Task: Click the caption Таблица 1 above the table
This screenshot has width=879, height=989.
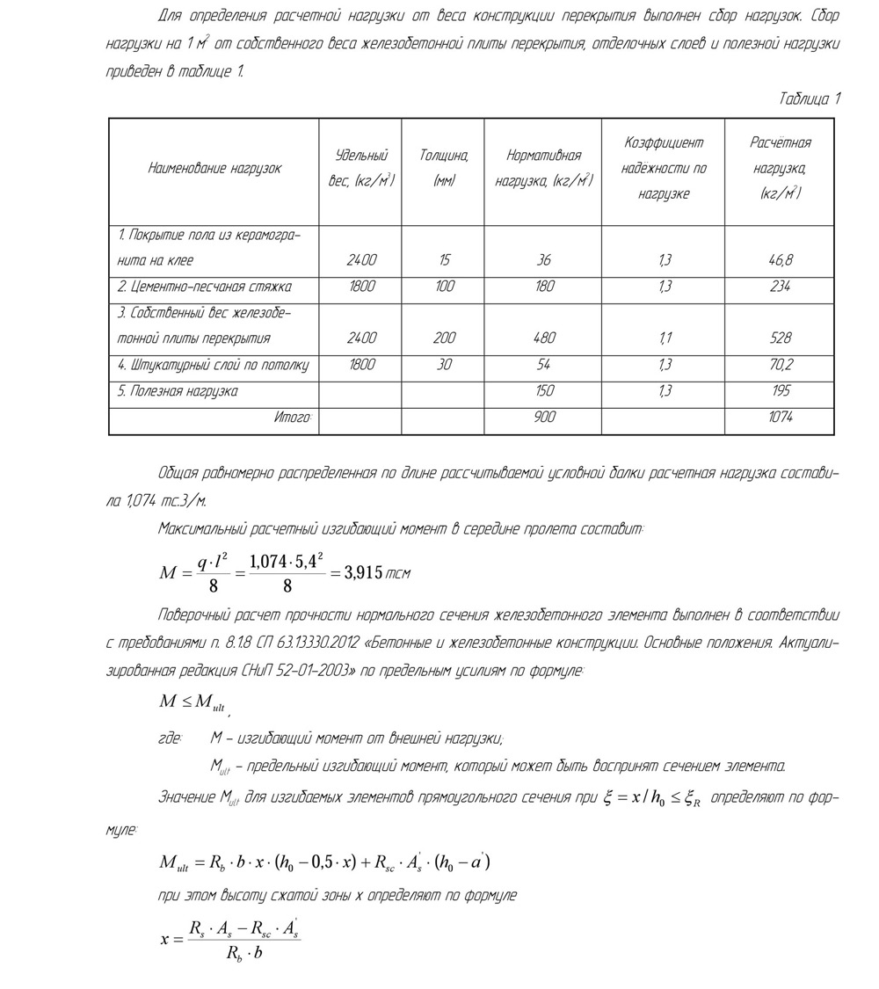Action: click(810, 99)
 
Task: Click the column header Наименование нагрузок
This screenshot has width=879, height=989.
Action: click(215, 169)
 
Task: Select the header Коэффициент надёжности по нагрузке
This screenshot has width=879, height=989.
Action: click(664, 168)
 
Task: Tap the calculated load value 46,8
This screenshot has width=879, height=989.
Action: click(781, 260)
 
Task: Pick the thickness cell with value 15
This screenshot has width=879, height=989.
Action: click(445, 260)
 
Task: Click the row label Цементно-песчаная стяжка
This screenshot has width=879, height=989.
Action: click(205, 287)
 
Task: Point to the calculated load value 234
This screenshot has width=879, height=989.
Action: click(781, 287)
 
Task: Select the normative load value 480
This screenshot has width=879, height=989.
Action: click(544, 338)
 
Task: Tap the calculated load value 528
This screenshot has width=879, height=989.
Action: click(781, 338)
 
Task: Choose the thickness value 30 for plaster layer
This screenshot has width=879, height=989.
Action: click(445, 365)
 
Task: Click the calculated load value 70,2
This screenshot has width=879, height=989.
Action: click(781, 365)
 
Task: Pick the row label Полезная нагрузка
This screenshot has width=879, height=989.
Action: click(178, 391)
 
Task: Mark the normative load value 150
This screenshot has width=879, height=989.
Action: click(544, 391)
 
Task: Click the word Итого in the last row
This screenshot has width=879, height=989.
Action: click(293, 418)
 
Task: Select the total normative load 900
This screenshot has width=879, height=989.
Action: click(544, 418)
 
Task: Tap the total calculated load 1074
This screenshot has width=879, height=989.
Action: click(781, 418)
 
